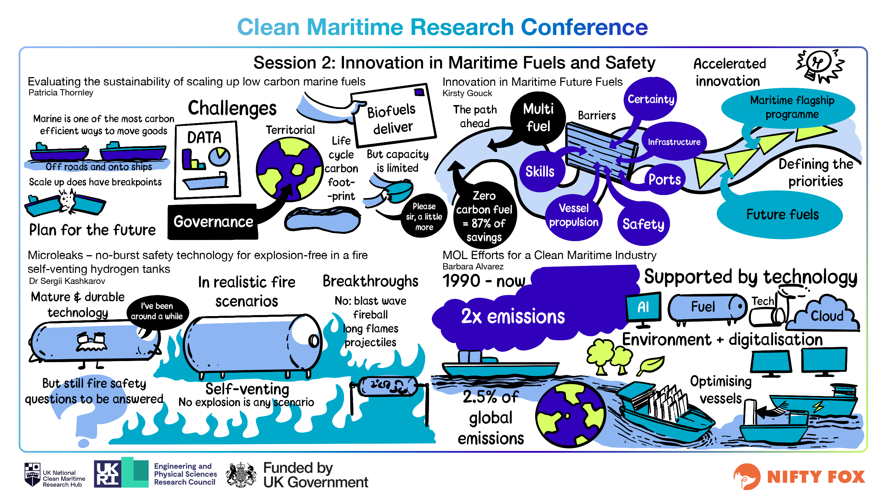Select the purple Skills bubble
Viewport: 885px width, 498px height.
(540, 172)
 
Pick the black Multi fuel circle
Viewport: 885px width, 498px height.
(538, 118)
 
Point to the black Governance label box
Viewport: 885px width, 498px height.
(213, 222)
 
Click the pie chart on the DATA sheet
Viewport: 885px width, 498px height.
(219, 156)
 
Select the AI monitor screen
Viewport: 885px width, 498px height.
(643, 307)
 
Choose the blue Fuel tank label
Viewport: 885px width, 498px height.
(703, 307)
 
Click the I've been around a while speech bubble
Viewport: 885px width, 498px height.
(157, 311)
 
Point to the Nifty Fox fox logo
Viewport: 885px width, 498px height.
(747, 477)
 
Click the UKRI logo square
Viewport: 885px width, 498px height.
(107, 474)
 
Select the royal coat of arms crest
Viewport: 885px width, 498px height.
(241, 474)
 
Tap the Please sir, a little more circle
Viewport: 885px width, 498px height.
(424, 216)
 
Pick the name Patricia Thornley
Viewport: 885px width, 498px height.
(61, 93)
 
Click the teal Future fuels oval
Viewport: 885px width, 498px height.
(782, 214)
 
